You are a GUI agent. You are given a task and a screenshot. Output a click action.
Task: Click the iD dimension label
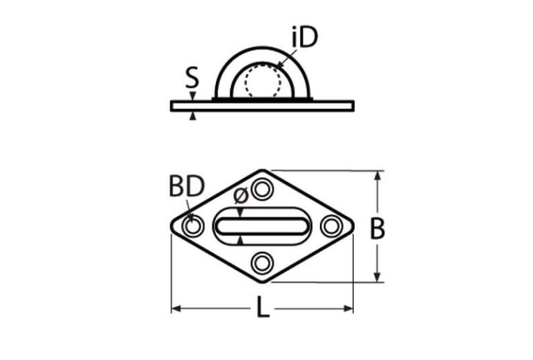click(304, 39)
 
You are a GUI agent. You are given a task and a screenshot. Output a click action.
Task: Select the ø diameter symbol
click(240, 197)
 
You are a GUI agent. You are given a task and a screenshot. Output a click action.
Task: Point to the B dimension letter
click(377, 228)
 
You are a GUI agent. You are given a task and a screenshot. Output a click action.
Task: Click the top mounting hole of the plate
click(262, 188)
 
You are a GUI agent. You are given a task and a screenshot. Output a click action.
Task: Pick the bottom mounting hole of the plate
click(262, 262)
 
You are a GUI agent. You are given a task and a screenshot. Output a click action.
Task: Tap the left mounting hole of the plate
click(192, 226)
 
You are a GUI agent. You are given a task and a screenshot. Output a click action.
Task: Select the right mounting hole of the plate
click(332, 226)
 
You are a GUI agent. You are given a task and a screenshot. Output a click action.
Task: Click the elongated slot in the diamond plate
click(262, 225)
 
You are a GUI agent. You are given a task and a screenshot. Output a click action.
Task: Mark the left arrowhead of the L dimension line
click(175, 308)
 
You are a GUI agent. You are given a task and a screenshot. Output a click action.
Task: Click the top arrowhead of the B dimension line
click(378, 176)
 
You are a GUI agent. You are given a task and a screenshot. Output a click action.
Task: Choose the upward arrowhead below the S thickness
click(192, 116)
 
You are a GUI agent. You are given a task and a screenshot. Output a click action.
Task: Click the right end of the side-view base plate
click(352, 106)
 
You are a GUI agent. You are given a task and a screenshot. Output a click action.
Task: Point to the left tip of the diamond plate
click(171, 226)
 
